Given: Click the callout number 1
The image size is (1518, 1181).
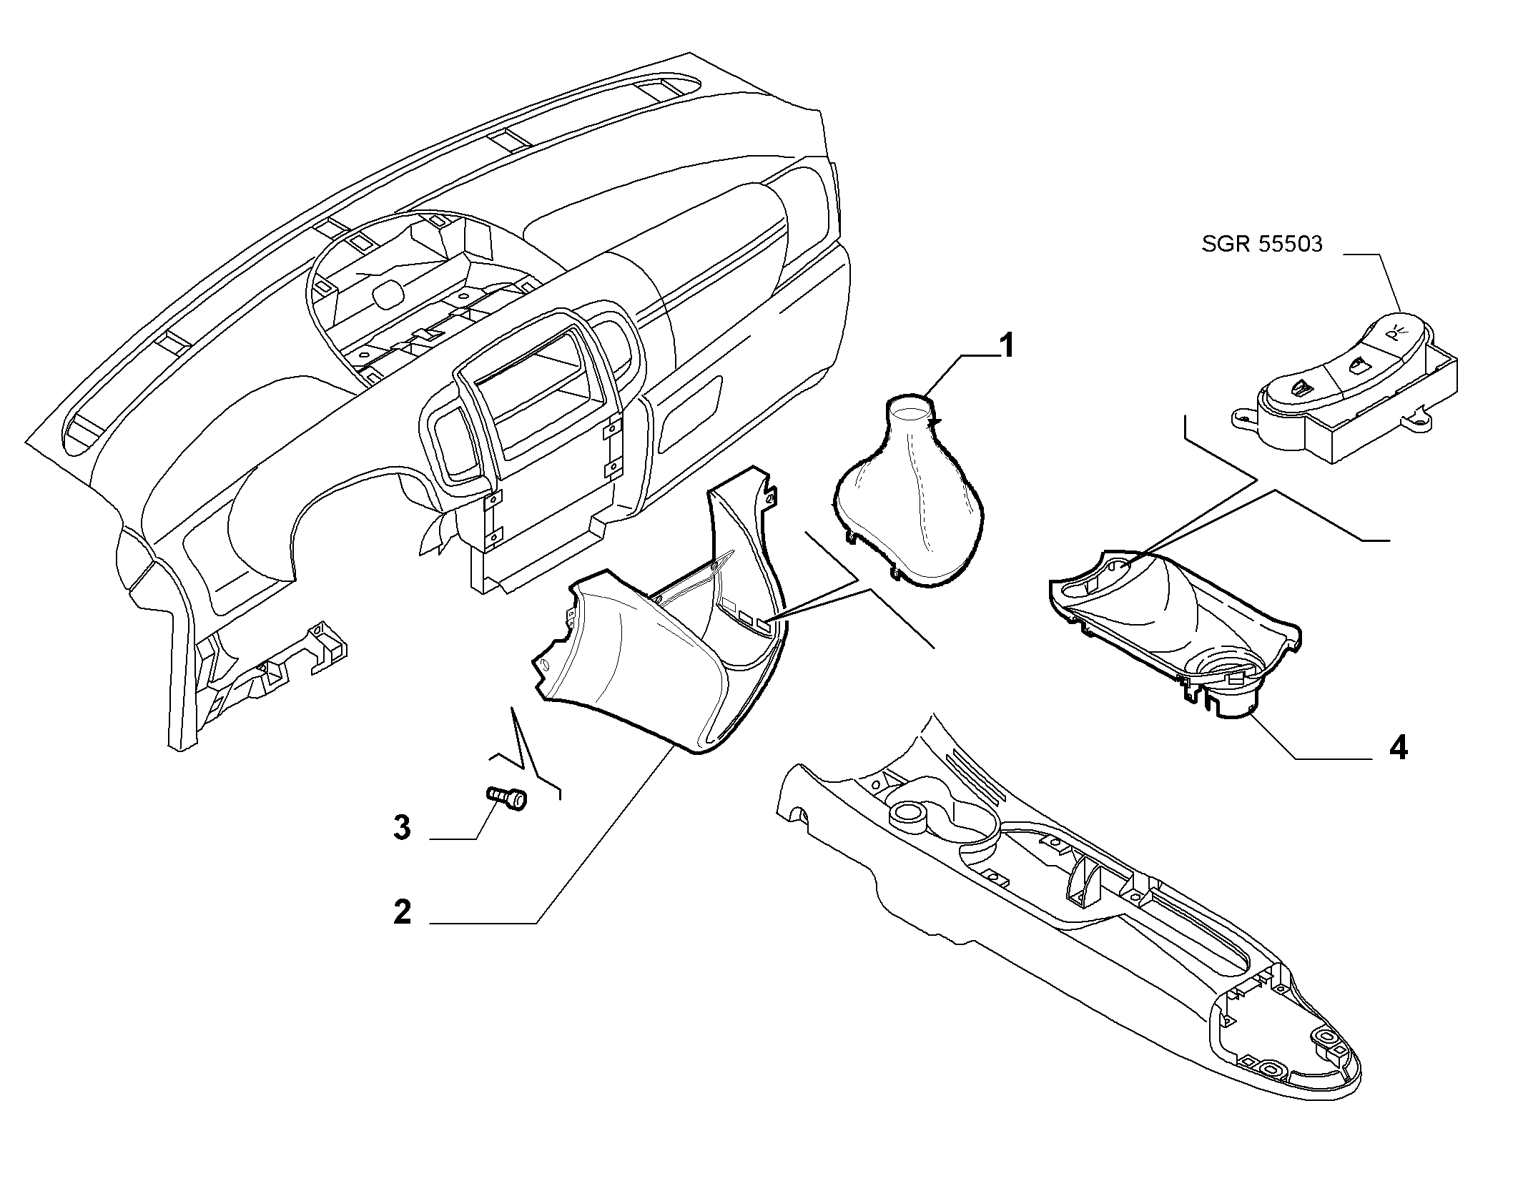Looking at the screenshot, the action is pyautogui.click(x=1005, y=347).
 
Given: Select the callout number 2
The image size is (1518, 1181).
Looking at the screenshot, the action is pyautogui.click(x=403, y=913).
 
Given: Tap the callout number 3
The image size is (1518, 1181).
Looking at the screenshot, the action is pyautogui.click(x=403, y=828).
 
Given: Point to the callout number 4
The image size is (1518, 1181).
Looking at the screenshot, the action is pyautogui.click(x=1398, y=748).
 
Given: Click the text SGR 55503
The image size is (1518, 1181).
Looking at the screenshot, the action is pyautogui.click(x=1262, y=244).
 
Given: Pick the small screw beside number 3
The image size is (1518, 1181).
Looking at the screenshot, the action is pyautogui.click(x=506, y=797).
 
